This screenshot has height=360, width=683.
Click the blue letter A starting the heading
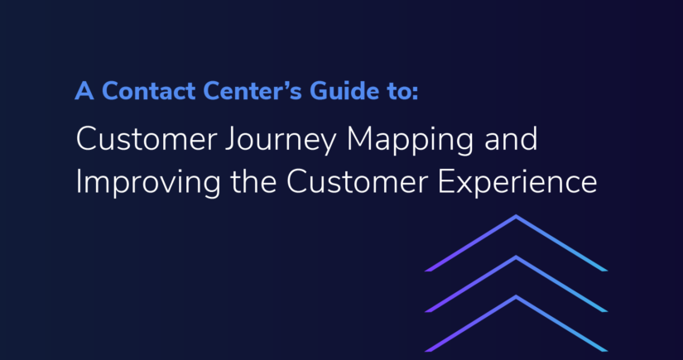point(84,90)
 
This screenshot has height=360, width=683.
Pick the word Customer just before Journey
point(147,139)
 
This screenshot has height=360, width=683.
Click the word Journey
point(281,142)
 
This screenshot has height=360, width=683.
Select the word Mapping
point(410,142)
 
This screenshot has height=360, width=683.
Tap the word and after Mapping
point(511,138)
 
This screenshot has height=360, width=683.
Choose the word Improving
point(148,182)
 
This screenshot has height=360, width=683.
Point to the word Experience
point(517,183)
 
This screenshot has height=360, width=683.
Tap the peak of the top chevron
point(516,216)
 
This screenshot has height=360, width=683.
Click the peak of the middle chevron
point(516,257)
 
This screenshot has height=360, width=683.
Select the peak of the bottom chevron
point(516,296)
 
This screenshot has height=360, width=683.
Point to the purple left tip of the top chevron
point(426,271)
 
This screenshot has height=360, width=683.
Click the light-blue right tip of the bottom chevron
point(605,350)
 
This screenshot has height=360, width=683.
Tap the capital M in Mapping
point(360,139)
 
